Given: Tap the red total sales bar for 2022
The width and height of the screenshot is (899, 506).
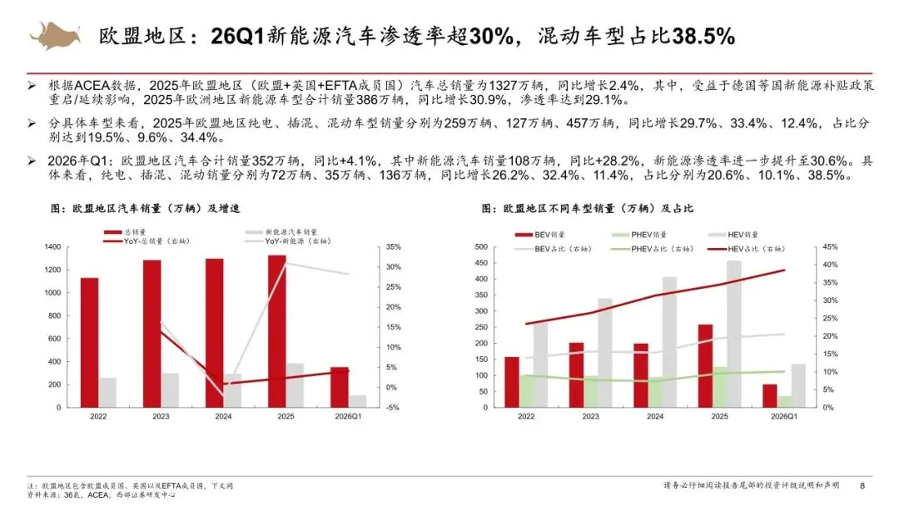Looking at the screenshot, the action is pyautogui.click(x=89, y=343).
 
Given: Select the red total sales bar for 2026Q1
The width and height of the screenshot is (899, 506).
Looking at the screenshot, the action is pyautogui.click(x=340, y=387).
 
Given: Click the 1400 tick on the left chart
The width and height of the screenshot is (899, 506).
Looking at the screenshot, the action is pyautogui.click(x=52, y=247).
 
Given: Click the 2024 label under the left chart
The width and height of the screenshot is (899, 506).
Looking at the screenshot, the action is pyautogui.click(x=223, y=417).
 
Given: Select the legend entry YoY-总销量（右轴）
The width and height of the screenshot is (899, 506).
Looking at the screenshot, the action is pyautogui.click(x=147, y=241).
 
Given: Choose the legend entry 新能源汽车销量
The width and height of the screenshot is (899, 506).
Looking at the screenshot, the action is pyautogui.click(x=281, y=232).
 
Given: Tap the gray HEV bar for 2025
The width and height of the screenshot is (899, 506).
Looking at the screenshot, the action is pyautogui.click(x=734, y=334).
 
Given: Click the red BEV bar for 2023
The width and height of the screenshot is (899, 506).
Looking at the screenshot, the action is pyautogui.click(x=576, y=375).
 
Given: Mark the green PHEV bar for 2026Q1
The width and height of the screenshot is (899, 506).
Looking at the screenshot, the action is pyautogui.click(x=784, y=402).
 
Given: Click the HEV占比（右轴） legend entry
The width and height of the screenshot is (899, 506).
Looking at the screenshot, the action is pyautogui.click(x=746, y=249).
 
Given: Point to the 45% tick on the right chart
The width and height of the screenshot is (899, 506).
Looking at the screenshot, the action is pyautogui.click(x=830, y=247).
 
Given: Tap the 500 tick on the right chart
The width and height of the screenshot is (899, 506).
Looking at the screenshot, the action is pyautogui.click(x=482, y=247).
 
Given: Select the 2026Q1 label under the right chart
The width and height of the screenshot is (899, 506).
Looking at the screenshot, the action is pyautogui.click(x=784, y=417).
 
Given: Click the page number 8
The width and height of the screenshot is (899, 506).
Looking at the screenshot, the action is pyautogui.click(x=862, y=485).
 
